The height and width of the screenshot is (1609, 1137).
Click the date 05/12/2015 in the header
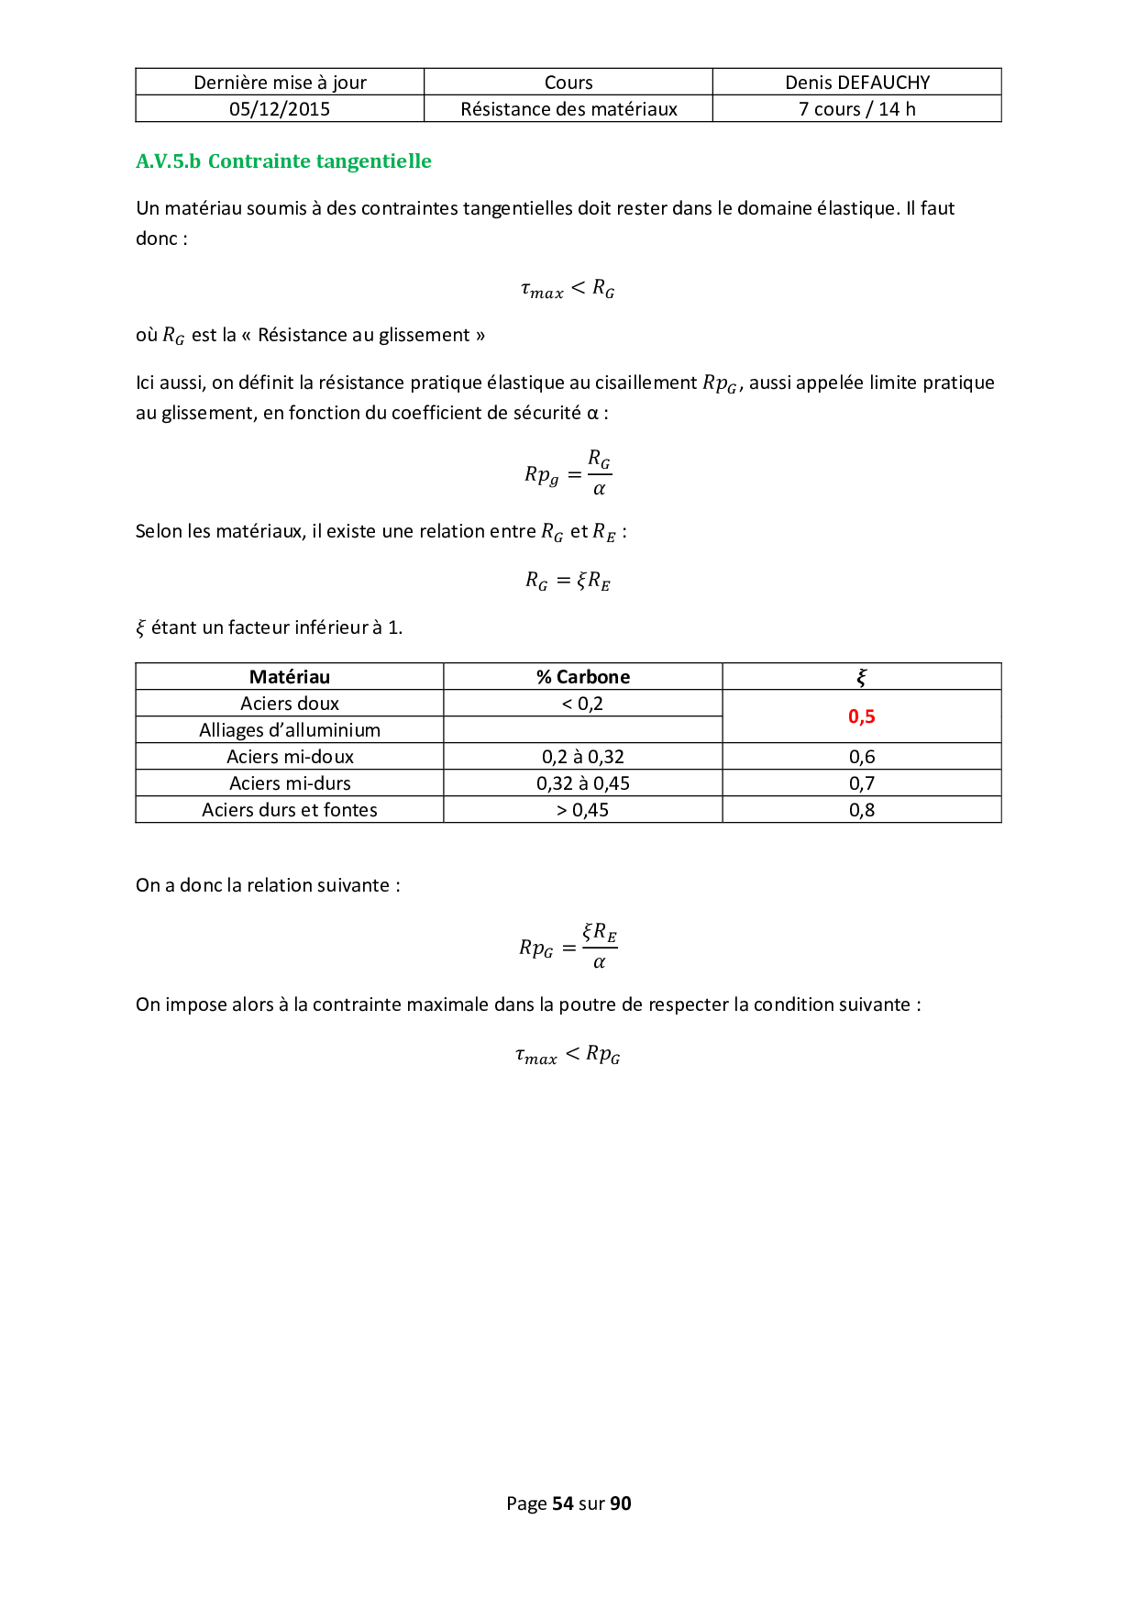pos(280,109)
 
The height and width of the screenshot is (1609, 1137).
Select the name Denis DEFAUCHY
pos(857,83)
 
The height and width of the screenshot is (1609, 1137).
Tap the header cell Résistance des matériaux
pos(568,109)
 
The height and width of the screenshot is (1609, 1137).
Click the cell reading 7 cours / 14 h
pos(857,109)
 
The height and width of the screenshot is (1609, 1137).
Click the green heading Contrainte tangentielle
pos(319,161)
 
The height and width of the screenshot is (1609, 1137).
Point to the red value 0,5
pos(862,716)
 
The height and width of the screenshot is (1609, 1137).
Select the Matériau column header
pos(290,677)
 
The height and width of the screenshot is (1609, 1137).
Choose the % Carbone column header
pos(583,677)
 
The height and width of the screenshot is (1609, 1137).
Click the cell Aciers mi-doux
pos(290,757)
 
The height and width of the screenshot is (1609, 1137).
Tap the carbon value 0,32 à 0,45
pos(583,783)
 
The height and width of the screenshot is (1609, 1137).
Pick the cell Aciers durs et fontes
pos(290,810)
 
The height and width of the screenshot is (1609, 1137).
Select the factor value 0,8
pos(862,810)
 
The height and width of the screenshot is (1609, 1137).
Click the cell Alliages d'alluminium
pos(290,730)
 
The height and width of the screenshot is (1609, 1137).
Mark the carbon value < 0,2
pos(583,704)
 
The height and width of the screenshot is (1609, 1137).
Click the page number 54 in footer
pos(563,1504)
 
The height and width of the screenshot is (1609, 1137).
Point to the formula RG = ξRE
pos(568,581)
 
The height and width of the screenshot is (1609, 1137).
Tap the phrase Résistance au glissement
pos(364,335)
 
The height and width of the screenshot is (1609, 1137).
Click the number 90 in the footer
pos(621,1504)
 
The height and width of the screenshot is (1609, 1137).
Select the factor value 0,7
pos(862,783)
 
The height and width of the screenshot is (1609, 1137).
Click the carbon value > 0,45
pos(583,810)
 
